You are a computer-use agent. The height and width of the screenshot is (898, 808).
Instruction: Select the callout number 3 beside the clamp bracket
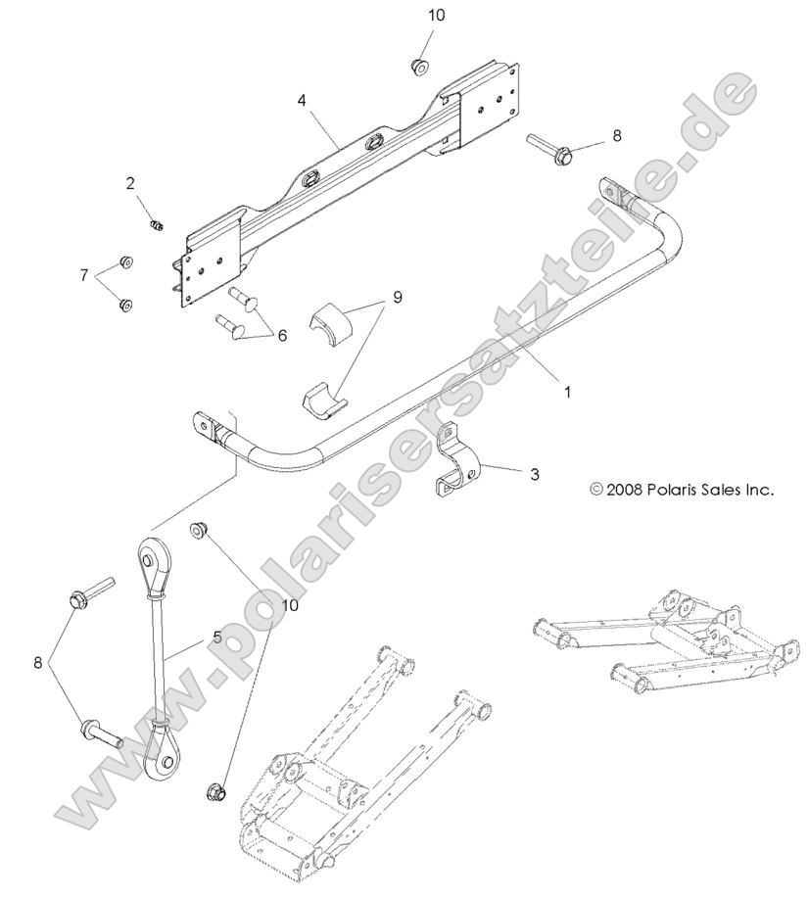(x=534, y=474)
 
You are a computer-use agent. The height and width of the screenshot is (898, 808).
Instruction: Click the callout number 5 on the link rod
(x=215, y=637)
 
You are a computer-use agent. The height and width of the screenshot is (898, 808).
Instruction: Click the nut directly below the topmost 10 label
(x=419, y=65)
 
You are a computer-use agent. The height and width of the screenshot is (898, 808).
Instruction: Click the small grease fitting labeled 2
(x=154, y=226)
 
